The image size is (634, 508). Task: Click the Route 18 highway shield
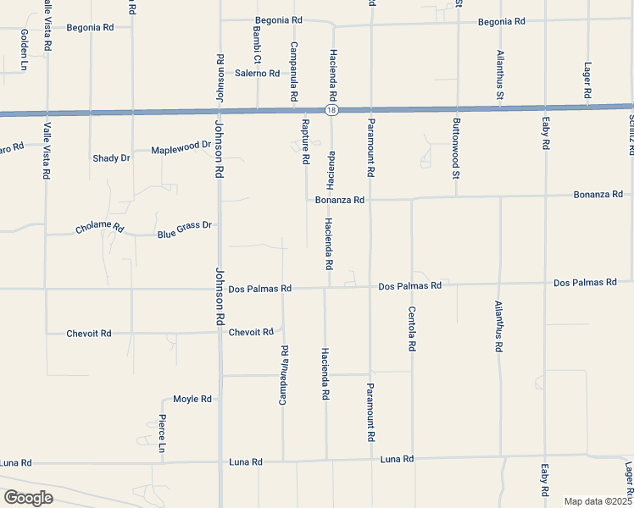[x=328, y=110]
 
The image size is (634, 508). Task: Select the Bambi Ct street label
[x=256, y=43]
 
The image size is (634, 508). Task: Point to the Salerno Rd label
[x=258, y=74]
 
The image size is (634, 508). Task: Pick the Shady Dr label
[x=111, y=158]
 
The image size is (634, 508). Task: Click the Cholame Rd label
[x=99, y=229]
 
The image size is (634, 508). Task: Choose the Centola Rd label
[x=412, y=329]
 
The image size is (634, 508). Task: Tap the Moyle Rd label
[x=192, y=398]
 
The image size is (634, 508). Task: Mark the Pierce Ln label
[x=161, y=433]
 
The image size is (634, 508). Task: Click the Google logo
[x=28, y=498]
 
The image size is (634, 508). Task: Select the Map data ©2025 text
[x=598, y=501]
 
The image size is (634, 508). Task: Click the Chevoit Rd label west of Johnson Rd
[x=89, y=334]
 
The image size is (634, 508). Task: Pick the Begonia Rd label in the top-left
[x=91, y=27]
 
